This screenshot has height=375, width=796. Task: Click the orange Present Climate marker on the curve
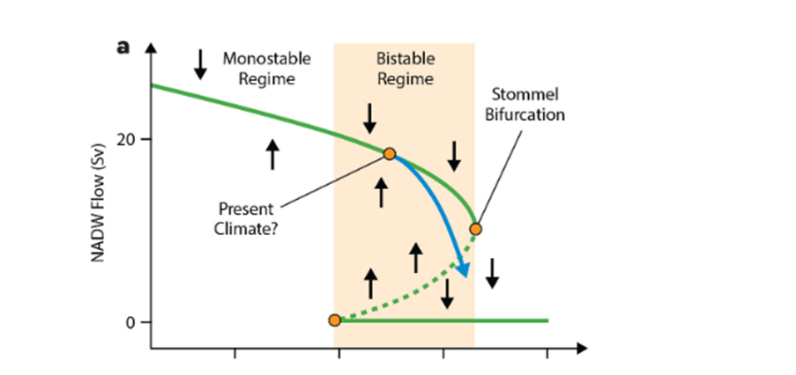pyautogui.click(x=389, y=153)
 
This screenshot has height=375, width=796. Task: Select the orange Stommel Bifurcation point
pyautogui.click(x=475, y=229)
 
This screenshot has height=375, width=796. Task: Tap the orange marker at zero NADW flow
pyautogui.click(x=334, y=320)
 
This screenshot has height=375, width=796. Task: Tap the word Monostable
pyautogui.click(x=257, y=60)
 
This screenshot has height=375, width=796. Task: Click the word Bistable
pyautogui.click(x=405, y=60)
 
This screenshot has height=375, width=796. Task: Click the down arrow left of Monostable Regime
pyautogui.click(x=200, y=62)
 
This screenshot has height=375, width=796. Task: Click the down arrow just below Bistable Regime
pyautogui.click(x=369, y=116)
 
